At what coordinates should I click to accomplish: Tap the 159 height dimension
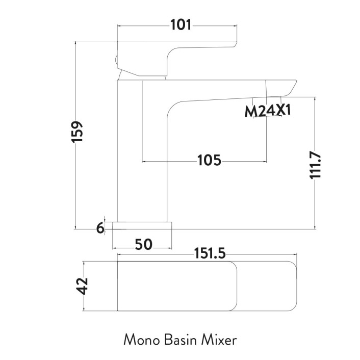[x=77, y=133]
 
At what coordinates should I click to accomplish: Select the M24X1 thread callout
[x=267, y=110]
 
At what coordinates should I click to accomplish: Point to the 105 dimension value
[x=209, y=161]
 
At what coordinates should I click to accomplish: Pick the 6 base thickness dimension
[x=100, y=227]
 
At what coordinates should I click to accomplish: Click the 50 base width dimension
[x=144, y=245]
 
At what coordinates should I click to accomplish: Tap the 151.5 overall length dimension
[x=209, y=253]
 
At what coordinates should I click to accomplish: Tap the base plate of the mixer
[x=144, y=225]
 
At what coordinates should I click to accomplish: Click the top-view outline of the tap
[x=204, y=286]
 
